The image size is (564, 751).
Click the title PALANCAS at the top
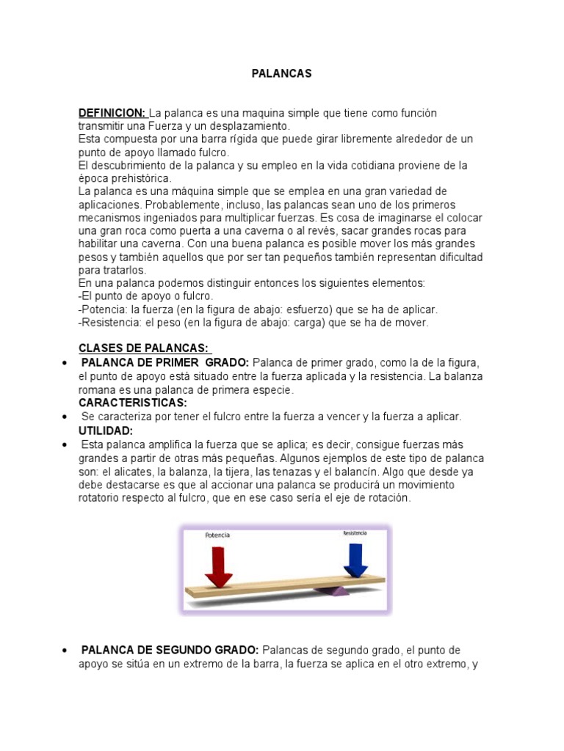click(282, 73)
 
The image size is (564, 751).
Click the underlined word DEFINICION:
click(113, 114)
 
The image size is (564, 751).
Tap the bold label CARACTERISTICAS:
click(133, 403)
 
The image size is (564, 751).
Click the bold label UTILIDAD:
click(106, 431)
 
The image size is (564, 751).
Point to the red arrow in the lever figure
click(218, 565)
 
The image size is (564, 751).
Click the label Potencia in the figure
click(217, 535)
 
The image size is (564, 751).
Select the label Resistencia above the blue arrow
click(355, 533)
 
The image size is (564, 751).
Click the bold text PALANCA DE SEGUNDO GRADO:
click(170, 651)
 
